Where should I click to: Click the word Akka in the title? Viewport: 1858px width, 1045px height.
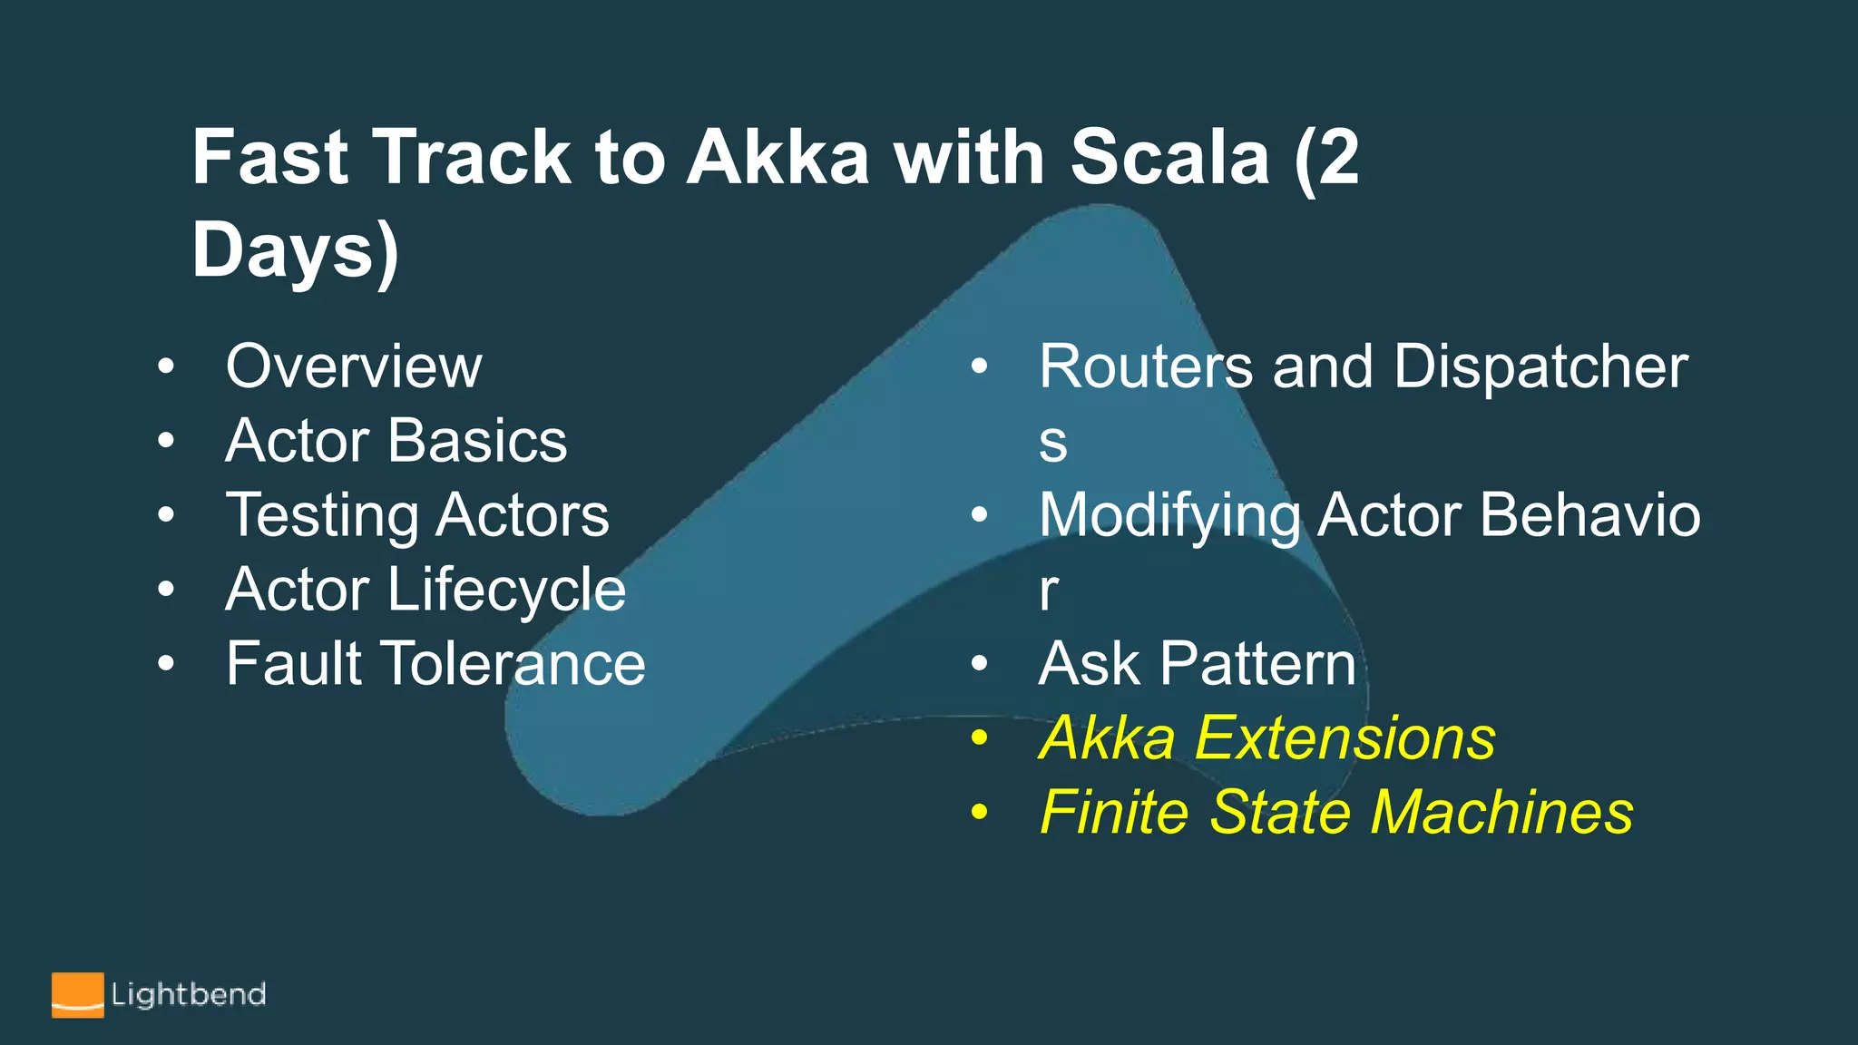coord(777,157)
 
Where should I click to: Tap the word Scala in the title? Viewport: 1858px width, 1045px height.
coord(1169,157)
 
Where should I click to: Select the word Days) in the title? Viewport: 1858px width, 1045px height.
coord(295,250)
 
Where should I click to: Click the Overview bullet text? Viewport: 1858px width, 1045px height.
coord(354,366)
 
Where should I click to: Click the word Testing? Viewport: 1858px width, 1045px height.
coord(322,515)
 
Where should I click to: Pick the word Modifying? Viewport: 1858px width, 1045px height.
coord(1169,515)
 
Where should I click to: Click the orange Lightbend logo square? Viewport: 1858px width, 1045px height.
coord(77,995)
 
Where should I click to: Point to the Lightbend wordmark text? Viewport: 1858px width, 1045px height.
coord(188,994)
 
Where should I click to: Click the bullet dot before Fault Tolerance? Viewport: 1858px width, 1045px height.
coord(165,664)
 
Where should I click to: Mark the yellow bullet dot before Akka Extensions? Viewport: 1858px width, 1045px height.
coord(978,738)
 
